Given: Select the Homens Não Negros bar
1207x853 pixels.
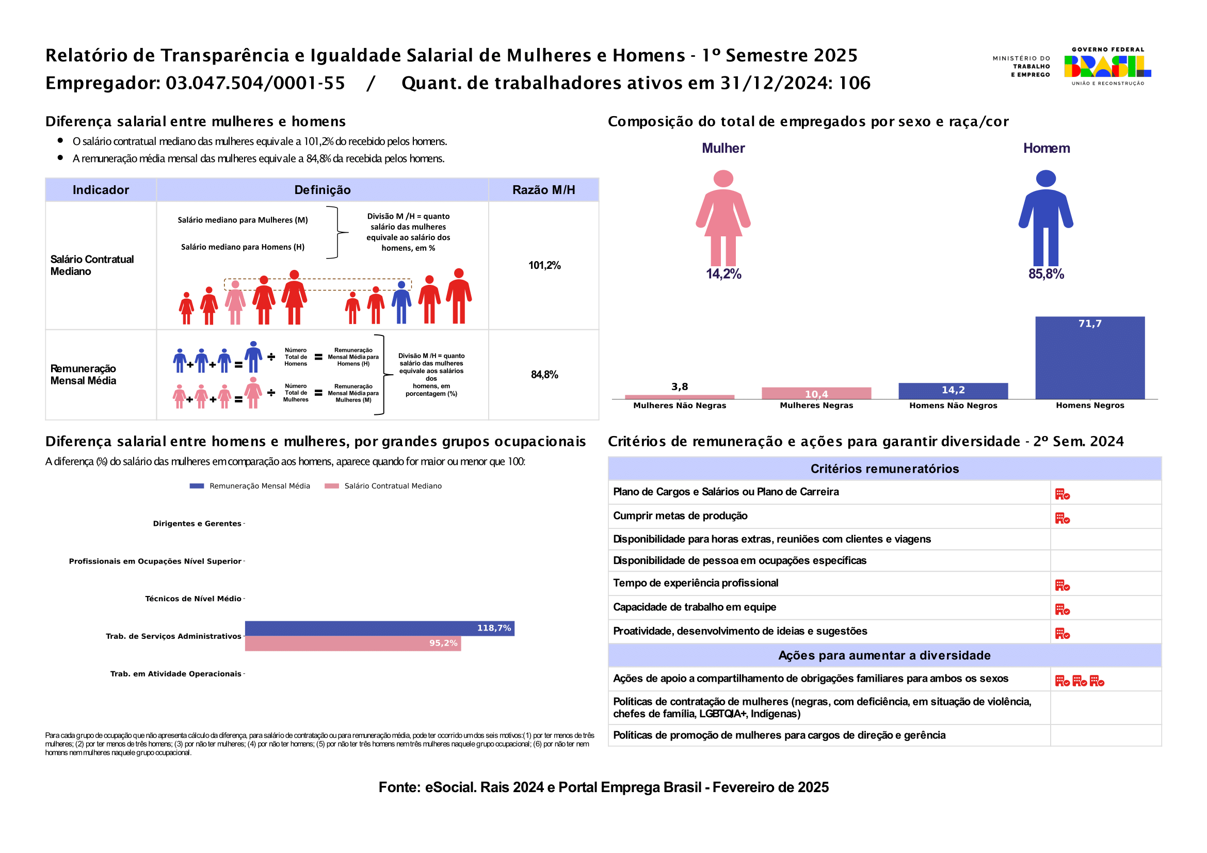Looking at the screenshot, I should [x=953, y=391].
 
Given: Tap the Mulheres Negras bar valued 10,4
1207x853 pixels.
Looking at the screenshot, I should [x=816, y=393].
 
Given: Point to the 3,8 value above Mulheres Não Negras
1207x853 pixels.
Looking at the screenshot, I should [x=679, y=387].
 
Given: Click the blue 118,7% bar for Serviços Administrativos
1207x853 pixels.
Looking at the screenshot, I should [x=380, y=628].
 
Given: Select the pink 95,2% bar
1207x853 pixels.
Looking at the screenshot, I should [x=353, y=643].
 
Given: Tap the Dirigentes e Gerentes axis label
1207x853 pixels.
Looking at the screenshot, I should [x=197, y=523].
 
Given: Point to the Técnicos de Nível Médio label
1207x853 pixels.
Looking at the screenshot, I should [x=193, y=599].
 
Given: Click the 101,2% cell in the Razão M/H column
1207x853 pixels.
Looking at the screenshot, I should [x=544, y=265].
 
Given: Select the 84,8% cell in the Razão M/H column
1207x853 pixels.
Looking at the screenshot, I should [x=544, y=375].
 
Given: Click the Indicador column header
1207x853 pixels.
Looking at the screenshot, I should [x=101, y=190].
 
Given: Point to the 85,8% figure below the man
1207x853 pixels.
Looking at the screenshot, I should [x=1045, y=274].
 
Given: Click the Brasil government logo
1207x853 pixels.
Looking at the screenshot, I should [x=1107, y=67].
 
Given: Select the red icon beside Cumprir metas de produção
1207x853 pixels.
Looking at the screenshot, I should [x=1062, y=519].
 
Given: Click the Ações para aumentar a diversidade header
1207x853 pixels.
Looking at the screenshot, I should [x=884, y=655].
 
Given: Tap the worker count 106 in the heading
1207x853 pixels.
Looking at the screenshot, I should [x=854, y=83].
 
